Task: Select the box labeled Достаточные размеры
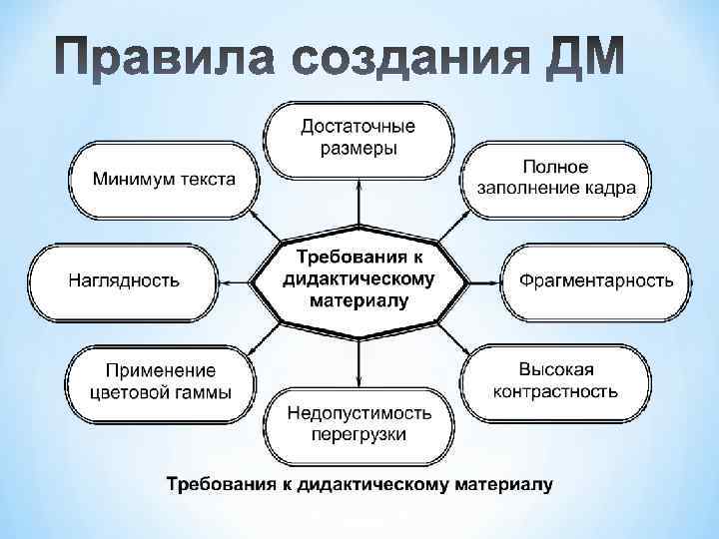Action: (359, 138)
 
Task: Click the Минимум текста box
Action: (164, 180)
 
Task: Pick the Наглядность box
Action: (124, 280)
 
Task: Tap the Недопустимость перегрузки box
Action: (359, 423)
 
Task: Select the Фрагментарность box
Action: (595, 280)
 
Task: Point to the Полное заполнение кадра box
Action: (555, 178)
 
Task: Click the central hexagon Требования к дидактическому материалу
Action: (359, 274)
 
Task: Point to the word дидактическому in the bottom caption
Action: (370, 486)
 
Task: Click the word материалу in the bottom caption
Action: (504, 486)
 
